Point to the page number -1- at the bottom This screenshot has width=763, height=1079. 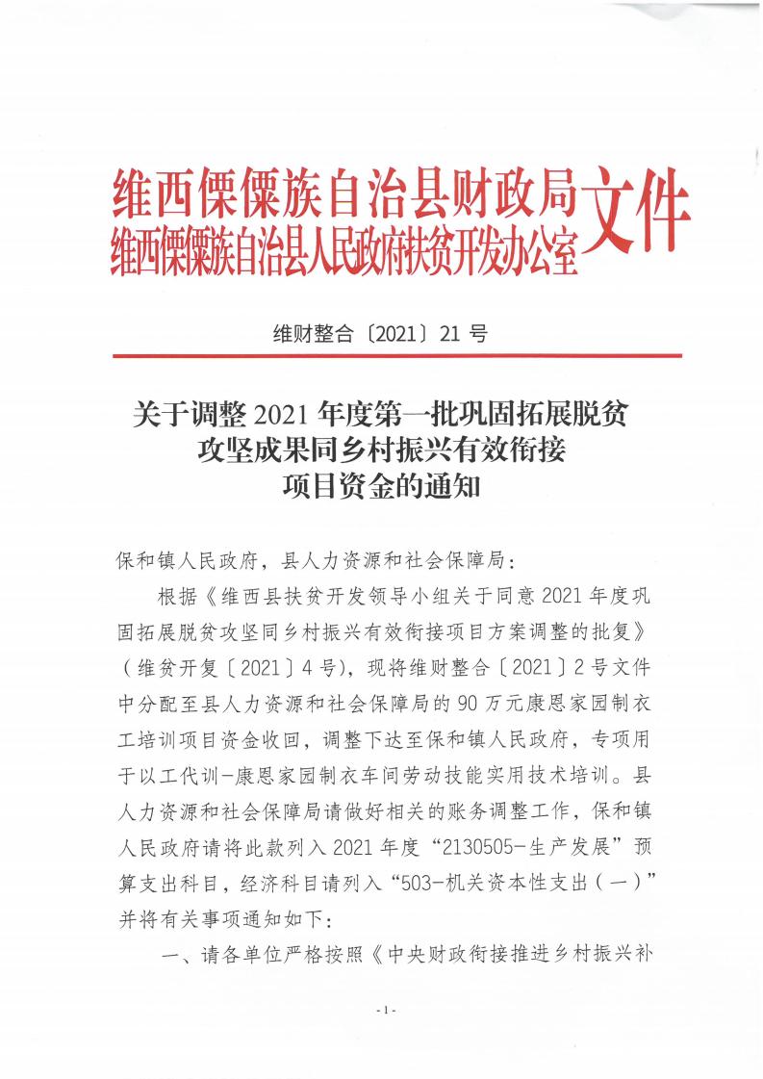[x=382, y=1010]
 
